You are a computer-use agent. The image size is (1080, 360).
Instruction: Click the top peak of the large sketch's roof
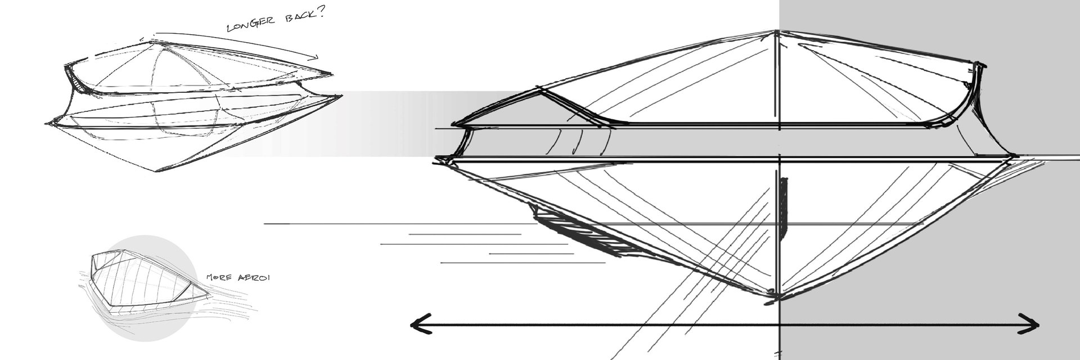[x=777, y=31]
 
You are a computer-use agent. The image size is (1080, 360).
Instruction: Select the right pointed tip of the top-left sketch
[x=341, y=96]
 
